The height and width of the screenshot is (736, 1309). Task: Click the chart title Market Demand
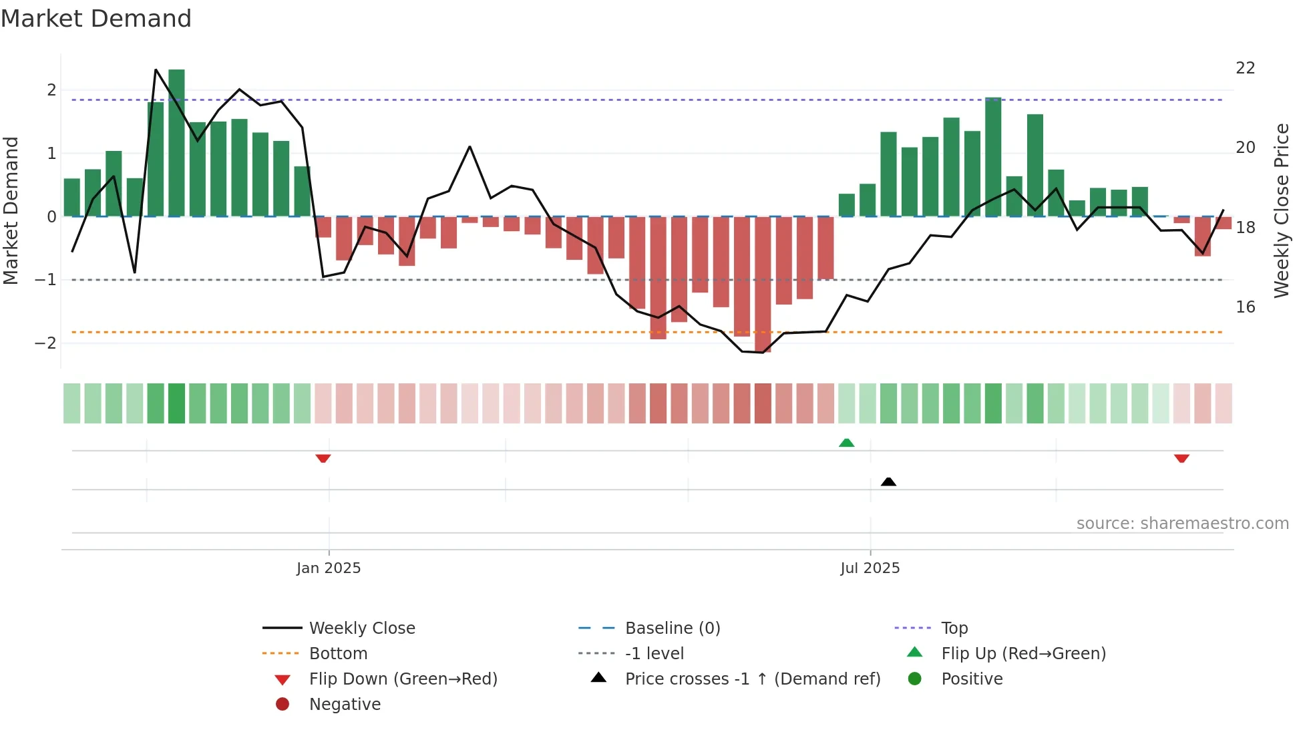[x=96, y=19]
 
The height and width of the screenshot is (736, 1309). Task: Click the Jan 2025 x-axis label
[x=329, y=568]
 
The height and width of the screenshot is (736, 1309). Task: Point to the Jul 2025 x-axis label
[x=870, y=568]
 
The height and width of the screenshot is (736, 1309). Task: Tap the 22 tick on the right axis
[x=1245, y=68]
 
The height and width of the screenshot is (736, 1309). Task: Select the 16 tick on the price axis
[x=1245, y=307]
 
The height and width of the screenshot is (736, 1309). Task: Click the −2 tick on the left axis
[x=45, y=343]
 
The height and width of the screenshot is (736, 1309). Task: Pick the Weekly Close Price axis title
[x=1281, y=210]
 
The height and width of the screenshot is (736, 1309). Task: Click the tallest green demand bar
[x=176, y=144]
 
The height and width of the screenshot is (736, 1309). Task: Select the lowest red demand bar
[x=763, y=284]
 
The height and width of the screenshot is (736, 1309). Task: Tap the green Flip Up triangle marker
[x=846, y=443]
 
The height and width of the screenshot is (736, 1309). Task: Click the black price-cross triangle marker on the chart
[x=888, y=482]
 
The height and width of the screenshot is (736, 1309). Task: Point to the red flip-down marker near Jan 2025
[x=323, y=458]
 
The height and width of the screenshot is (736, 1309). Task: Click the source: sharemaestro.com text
[x=1182, y=524]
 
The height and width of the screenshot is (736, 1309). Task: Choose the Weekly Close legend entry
[x=361, y=628]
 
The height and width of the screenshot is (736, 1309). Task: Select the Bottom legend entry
[x=338, y=654]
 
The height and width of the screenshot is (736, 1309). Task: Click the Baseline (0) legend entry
[x=672, y=628]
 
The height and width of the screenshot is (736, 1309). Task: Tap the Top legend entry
[x=954, y=628]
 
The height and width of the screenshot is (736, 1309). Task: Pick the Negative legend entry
[x=345, y=705]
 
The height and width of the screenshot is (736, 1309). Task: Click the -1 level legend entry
[x=654, y=654]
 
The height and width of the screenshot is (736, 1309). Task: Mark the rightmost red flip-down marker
[x=1181, y=458]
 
